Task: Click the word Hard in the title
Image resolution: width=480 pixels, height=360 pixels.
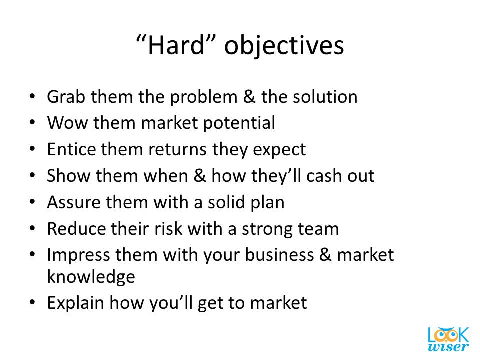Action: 176,45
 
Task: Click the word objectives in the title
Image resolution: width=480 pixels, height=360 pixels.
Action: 284,47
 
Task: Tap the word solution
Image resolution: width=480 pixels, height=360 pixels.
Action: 325,97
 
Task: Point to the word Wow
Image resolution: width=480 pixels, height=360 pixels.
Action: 67,123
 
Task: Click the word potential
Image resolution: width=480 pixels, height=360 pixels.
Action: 239,123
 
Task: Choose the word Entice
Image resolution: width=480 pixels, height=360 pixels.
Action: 71,149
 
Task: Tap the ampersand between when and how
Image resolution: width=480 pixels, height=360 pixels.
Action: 200,176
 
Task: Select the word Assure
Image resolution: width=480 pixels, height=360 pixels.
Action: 74,202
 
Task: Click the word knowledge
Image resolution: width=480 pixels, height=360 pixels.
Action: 91,277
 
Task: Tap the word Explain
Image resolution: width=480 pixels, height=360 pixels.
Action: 76,303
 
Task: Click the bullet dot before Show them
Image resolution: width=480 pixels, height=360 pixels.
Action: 32,175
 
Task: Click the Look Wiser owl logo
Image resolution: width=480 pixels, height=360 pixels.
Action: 448,339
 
